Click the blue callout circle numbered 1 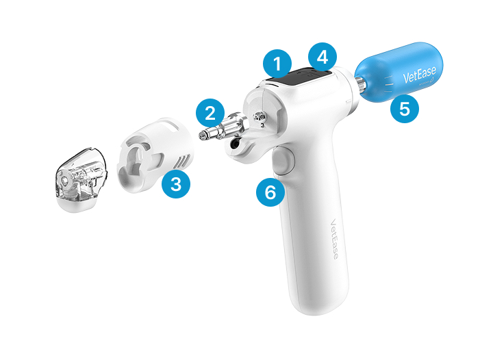point(277,64)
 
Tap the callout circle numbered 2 point(210,113)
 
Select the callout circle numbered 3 point(176,184)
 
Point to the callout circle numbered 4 point(323,57)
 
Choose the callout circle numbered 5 point(405,109)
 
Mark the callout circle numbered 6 point(270,192)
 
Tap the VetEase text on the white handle point(334,239)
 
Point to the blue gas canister point(400,73)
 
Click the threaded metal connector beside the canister point(360,86)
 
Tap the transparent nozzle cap point(81,179)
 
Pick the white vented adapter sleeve point(156,155)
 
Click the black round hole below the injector point(235,144)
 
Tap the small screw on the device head point(260,117)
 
